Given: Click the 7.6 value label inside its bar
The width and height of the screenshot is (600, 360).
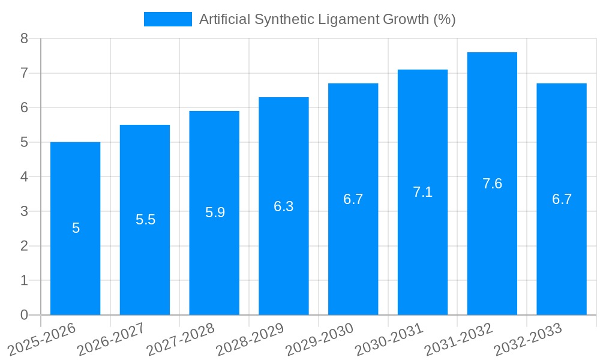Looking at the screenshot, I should click(x=492, y=184).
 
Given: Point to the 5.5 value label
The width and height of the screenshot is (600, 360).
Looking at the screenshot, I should click(x=145, y=220).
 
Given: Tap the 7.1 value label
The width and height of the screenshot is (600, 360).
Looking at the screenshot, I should click(x=422, y=192).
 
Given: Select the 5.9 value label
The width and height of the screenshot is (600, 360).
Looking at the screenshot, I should click(x=215, y=212).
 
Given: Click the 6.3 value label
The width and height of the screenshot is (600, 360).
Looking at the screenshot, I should click(x=283, y=206).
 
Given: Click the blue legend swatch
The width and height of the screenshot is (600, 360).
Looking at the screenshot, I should click(x=167, y=19).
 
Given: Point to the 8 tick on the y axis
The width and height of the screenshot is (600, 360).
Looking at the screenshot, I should click(x=24, y=38).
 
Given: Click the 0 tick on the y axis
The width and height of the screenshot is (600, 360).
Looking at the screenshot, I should click(x=24, y=315).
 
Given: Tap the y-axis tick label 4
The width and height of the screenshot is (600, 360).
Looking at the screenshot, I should click(x=24, y=177).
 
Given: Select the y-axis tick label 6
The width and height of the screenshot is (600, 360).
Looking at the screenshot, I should click(x=24, y=107).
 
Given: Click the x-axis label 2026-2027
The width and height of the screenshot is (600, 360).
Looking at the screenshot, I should click(x=112, y=339).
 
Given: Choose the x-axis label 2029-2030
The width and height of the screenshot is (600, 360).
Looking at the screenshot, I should click(x=320, y=339).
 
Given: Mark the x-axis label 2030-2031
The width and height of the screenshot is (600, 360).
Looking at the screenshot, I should click(x=389, y=339).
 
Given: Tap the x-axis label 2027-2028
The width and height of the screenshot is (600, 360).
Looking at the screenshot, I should click(x=181, y=339).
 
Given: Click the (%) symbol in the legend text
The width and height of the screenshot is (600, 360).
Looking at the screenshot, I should click(x=444, y=19).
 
